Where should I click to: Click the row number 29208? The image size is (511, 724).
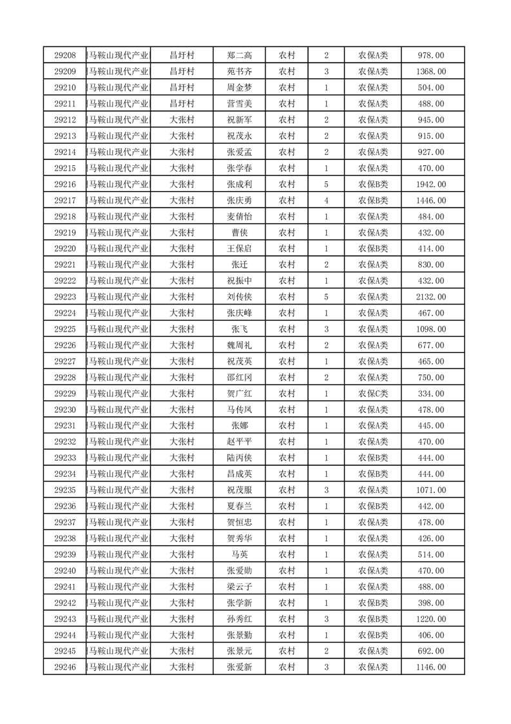point(65,55)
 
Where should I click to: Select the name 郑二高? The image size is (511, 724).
point(239,55)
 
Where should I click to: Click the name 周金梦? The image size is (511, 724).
point(239,88)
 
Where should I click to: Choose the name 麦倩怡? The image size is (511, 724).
point(239,217)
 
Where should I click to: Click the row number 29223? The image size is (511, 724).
point(65,297)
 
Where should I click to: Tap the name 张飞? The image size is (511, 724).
point(239,329)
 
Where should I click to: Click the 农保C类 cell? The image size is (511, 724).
point(373,394)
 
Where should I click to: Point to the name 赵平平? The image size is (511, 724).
point(239,442)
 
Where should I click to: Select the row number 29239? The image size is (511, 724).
point(65,554)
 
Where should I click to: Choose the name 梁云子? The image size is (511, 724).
point(239,587)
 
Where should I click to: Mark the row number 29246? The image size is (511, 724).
point(65,667)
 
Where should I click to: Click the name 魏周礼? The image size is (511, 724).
point(239,345)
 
